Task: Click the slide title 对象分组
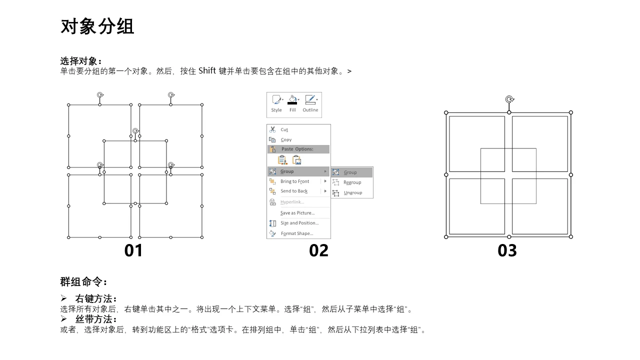(x=97, y=26)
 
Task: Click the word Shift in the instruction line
(x=207, y=70)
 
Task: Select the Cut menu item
(x=284, y=129)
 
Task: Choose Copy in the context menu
(x=286, y=139)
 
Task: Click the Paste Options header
(x=297, y=149)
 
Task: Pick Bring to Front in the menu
(x=294, y=181)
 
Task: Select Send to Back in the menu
(x=294, y=191)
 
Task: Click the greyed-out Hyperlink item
(x=292, y=202)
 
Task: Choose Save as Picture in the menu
(x=297, y=213)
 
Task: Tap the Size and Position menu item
(x=299, y=223)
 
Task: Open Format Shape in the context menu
(x=297, y=233)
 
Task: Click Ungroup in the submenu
(x=353, y=192)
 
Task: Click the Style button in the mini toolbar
(x=276, y=104)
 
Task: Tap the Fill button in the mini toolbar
(x=292, y=104)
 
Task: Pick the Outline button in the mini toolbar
(x=310, y=104)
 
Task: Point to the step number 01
(x=133, y=250)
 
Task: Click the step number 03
(x=507, y=250)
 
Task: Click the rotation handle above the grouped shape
(x=509, y=99)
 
